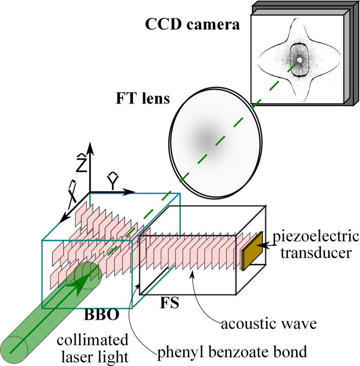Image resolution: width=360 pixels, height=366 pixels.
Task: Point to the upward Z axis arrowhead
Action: [x=91, y=147]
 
